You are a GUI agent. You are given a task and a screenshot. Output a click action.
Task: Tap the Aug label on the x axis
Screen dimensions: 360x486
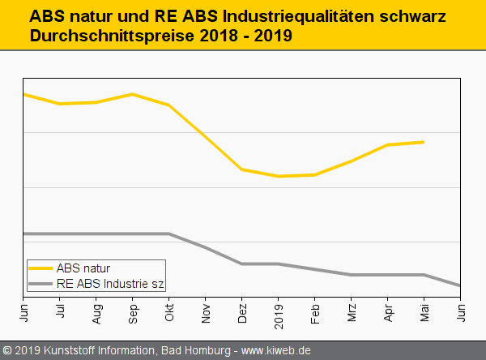(96, 311)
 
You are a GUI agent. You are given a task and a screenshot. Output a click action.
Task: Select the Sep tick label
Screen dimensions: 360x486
(133, 311)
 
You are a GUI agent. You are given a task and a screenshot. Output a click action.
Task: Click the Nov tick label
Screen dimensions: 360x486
(206, 311)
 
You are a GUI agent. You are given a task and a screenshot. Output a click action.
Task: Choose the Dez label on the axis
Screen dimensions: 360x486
(242, 311)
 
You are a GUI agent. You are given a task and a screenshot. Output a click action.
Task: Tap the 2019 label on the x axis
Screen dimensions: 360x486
(279, 312)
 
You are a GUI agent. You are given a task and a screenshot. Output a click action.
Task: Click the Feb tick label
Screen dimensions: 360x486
(315, 311)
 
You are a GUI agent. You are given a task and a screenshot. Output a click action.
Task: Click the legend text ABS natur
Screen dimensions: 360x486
(83, 268)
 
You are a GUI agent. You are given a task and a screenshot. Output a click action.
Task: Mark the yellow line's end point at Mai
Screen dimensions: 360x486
(424, 142)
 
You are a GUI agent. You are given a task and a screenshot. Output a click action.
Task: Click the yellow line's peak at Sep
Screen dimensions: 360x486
(133, 94)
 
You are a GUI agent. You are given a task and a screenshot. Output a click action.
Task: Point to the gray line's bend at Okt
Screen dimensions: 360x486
(169, 234)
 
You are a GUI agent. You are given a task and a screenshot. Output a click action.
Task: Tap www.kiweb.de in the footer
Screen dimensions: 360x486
(276, 351)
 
